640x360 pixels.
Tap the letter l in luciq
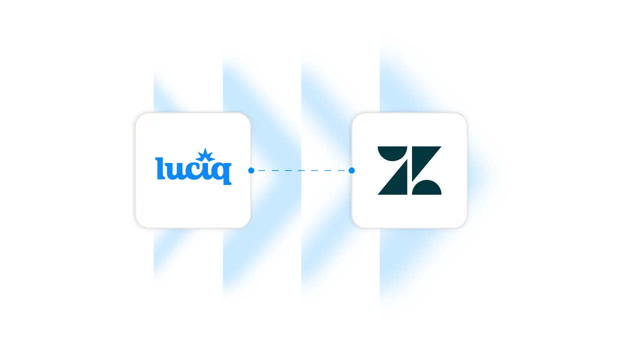pyautogui.click(x=159, y=168)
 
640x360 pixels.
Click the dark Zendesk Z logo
pyautogui.click(x=409, y=170)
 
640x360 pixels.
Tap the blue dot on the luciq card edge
pyautogui.click(x=251, y=170)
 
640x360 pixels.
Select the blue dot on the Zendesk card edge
pyautogui.click(x=351, y=170)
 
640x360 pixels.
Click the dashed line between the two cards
pyautogui.click(x=300, y=170)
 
